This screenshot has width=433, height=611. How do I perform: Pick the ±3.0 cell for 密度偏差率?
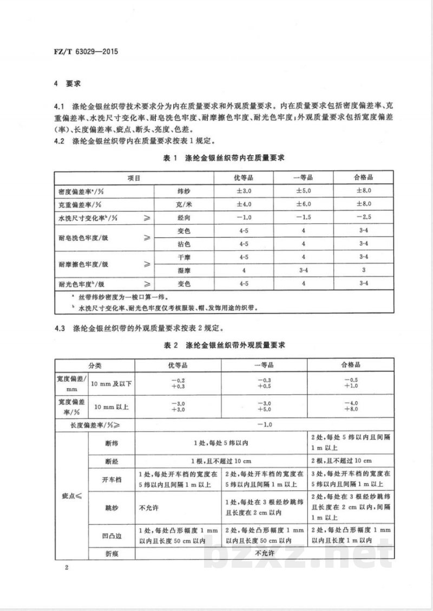pos(244,191)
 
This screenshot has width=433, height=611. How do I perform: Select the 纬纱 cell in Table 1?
pos(185,191)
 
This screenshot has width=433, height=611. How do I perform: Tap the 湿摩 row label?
pos(185,270)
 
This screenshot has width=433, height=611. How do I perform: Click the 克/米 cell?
pos(185,204)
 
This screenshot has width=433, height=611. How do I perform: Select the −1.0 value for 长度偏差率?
pos(264,425)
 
